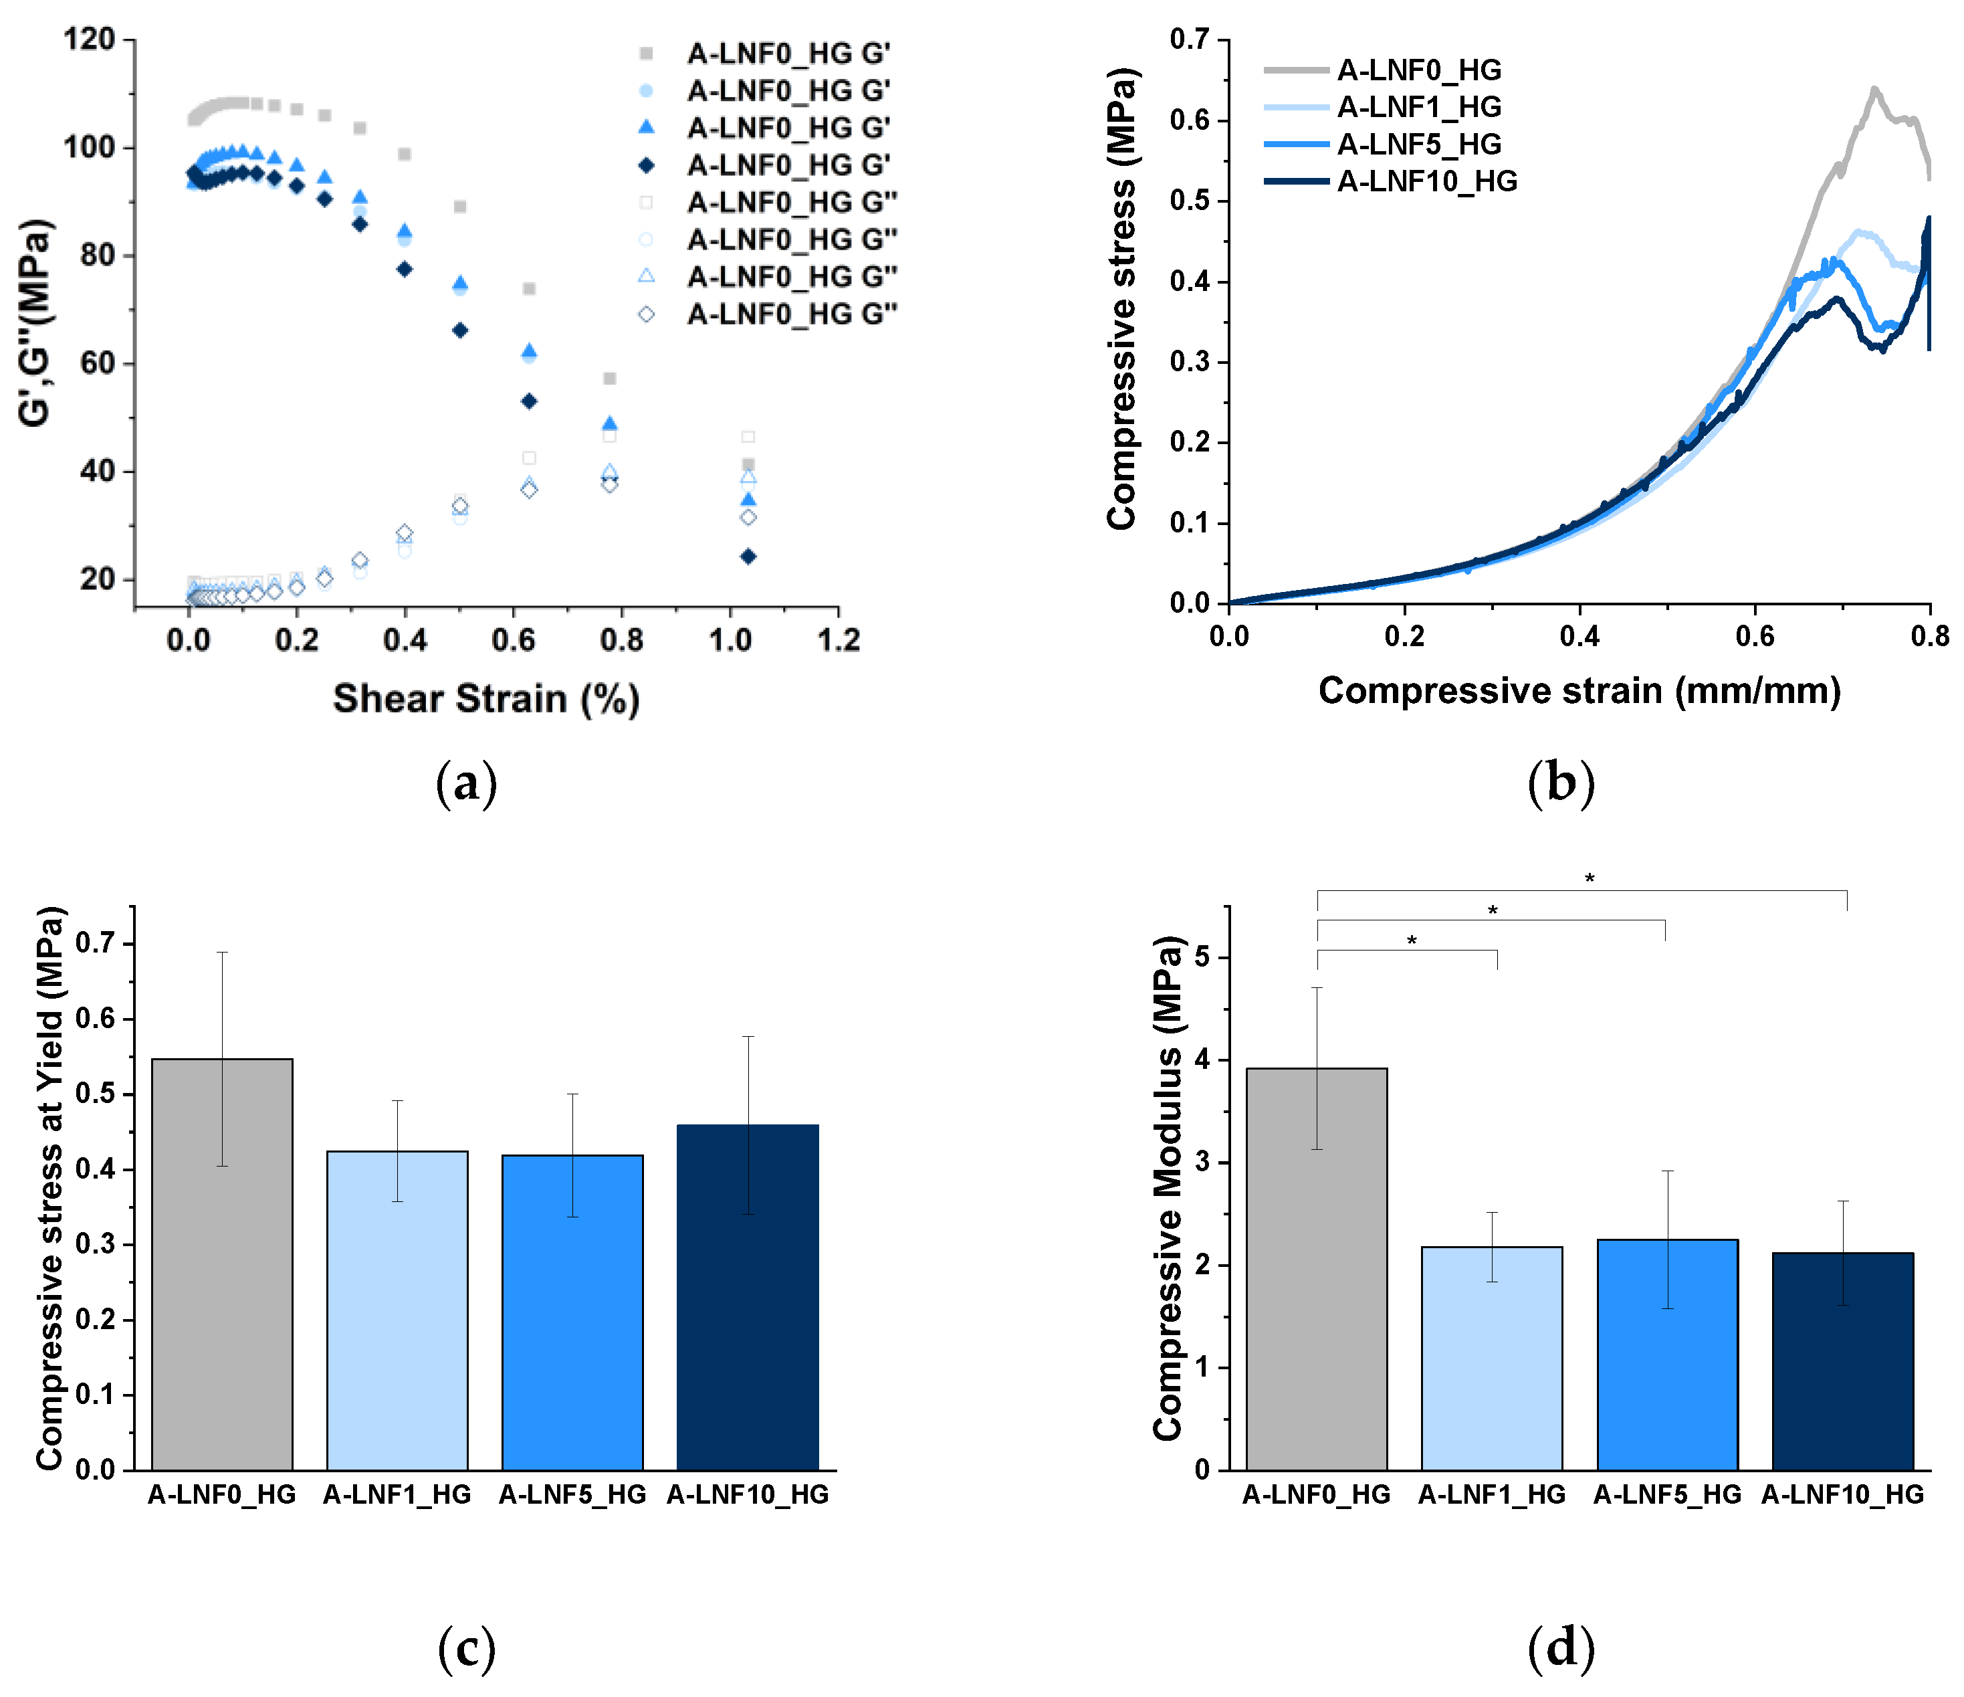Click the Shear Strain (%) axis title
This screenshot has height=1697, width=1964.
(x=485, y=699)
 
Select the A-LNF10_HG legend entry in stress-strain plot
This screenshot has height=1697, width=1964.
(x=1426, y=181)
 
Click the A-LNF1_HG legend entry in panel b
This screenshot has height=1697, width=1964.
(x=1418, y=107)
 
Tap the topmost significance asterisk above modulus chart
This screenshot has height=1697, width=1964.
(x=1590, y=879)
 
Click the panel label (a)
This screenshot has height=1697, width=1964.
(x=466, y=783)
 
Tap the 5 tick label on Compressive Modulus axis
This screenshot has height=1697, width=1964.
(x=1202, y=957)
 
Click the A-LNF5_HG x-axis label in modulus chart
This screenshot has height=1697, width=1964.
(x=1666, y=1494)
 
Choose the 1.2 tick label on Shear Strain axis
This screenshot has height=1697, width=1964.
(x=838, y=640)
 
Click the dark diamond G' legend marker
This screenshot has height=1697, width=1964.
(x=647, y=165)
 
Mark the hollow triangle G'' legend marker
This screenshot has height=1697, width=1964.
(x=647, y=276)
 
